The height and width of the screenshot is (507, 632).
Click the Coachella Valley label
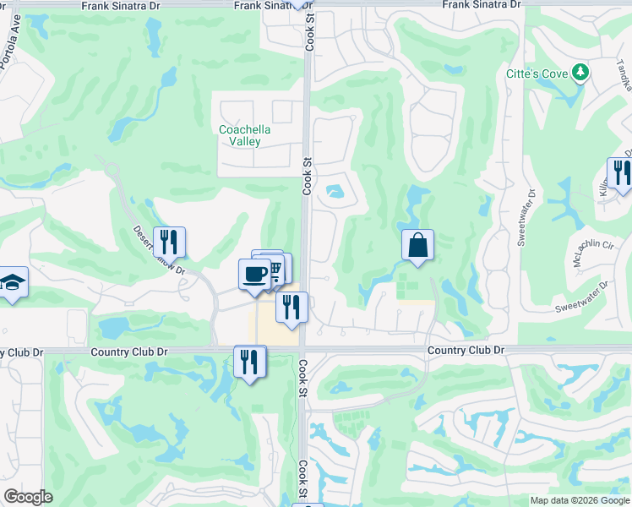252,135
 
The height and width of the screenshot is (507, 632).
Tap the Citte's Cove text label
537,74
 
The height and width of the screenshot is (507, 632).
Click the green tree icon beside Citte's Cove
580,74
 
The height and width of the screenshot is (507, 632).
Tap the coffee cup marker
254,274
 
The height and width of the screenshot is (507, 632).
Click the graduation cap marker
13,282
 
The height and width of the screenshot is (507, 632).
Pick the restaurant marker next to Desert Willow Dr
170,243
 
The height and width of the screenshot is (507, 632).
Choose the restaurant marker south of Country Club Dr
250,362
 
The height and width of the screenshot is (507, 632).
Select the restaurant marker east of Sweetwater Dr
621,173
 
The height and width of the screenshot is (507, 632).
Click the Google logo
28,497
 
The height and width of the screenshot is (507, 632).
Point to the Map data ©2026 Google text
580,500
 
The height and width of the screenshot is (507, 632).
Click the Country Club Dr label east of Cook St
466,350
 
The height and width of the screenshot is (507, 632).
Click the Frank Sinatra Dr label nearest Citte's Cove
482,4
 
